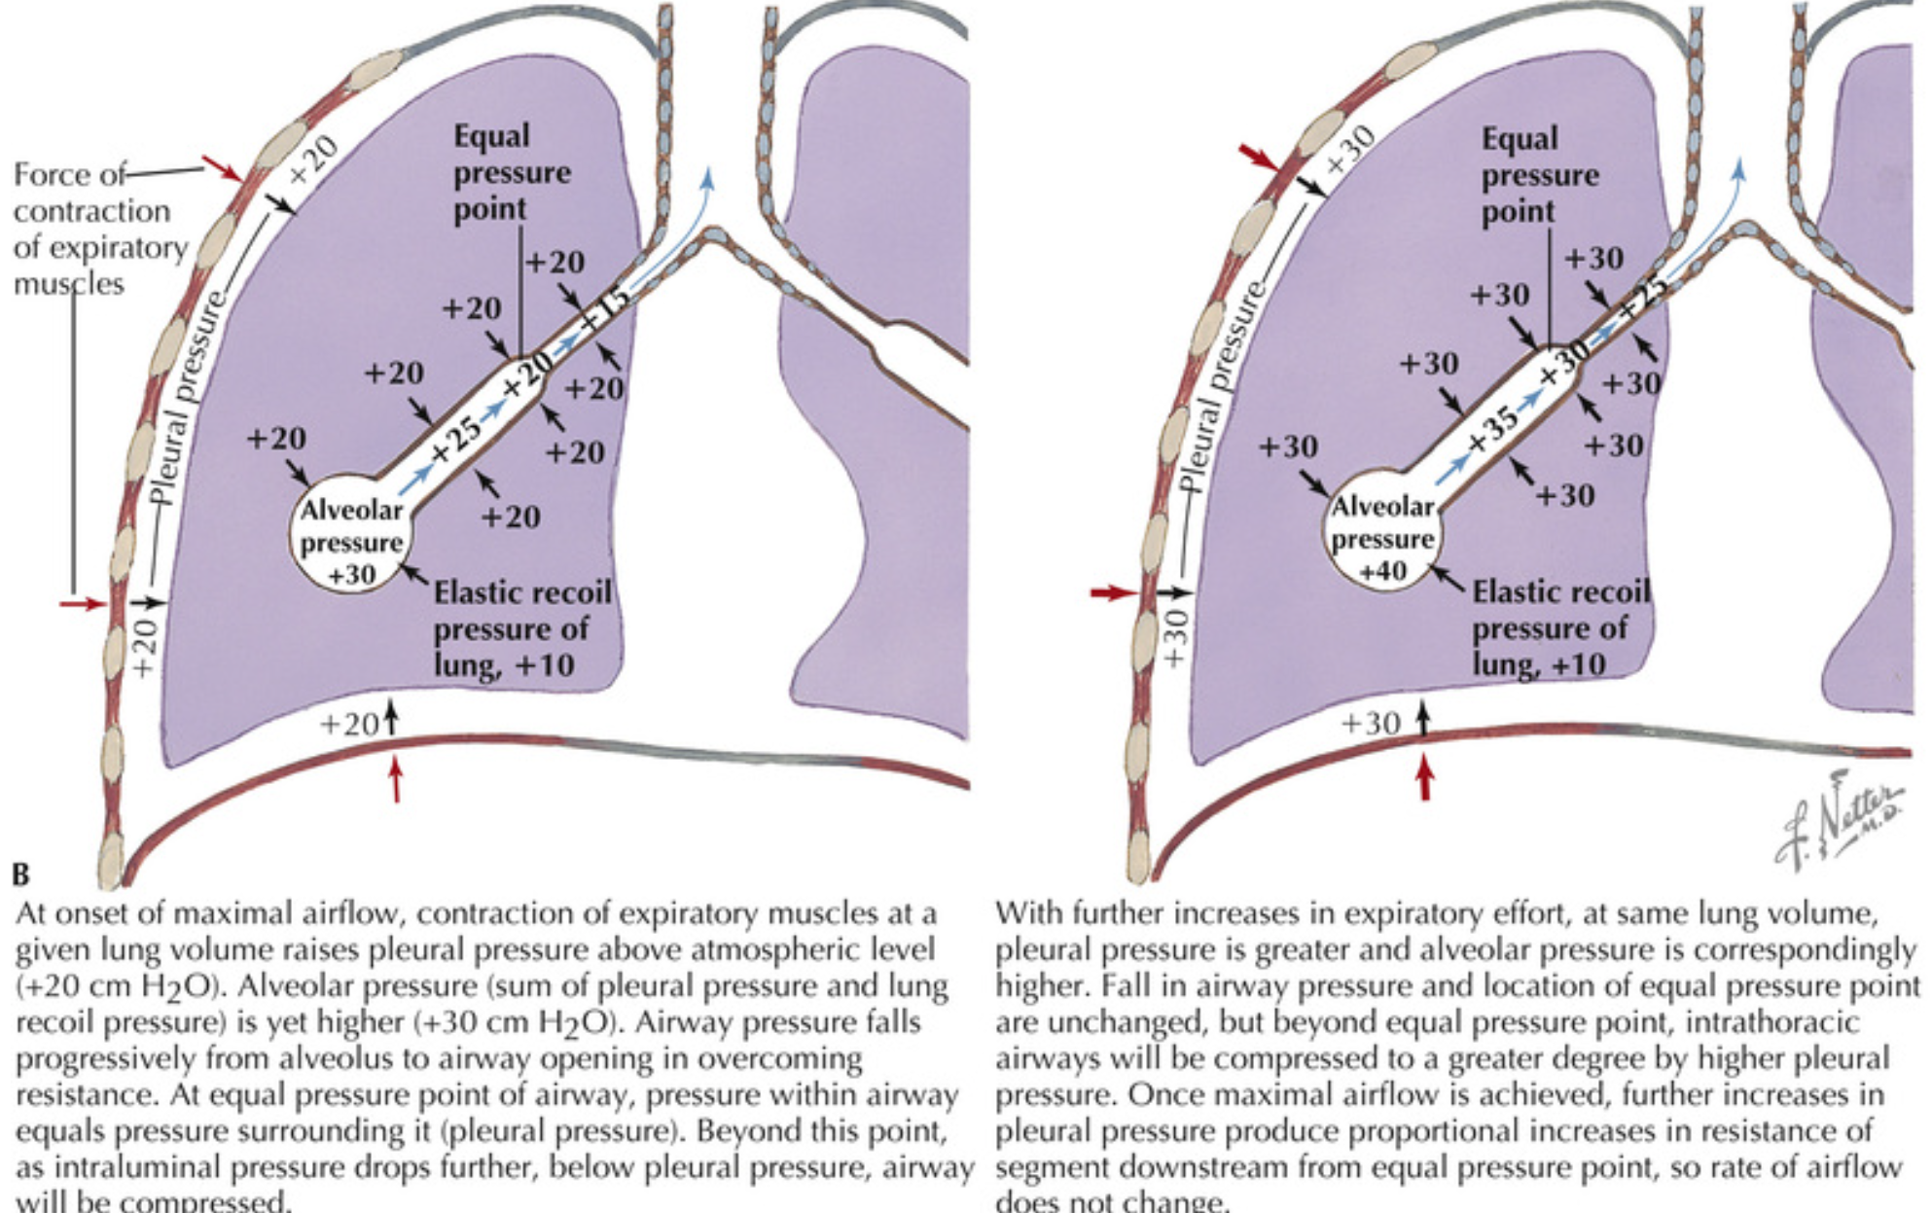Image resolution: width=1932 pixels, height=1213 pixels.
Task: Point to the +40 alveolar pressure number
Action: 1382,571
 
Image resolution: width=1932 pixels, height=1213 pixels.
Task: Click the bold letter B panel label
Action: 21,874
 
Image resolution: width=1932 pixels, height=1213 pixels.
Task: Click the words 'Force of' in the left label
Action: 69,175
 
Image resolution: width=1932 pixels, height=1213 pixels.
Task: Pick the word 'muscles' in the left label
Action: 68,284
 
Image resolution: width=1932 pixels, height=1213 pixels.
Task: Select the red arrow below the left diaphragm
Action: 395,779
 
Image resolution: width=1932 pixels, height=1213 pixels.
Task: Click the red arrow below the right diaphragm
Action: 1424,777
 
